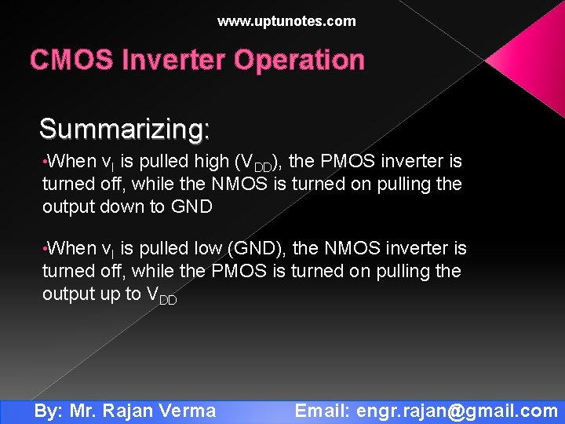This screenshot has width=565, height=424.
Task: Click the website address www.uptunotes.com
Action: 286,22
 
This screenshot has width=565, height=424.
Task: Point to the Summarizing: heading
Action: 124,129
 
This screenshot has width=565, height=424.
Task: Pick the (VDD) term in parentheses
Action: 260,163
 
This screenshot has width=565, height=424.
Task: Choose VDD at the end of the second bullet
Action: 162,296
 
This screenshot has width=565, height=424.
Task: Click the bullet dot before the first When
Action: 45,163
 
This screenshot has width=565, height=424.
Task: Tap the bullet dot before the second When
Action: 45,250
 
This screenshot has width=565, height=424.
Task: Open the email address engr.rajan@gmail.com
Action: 457,411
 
